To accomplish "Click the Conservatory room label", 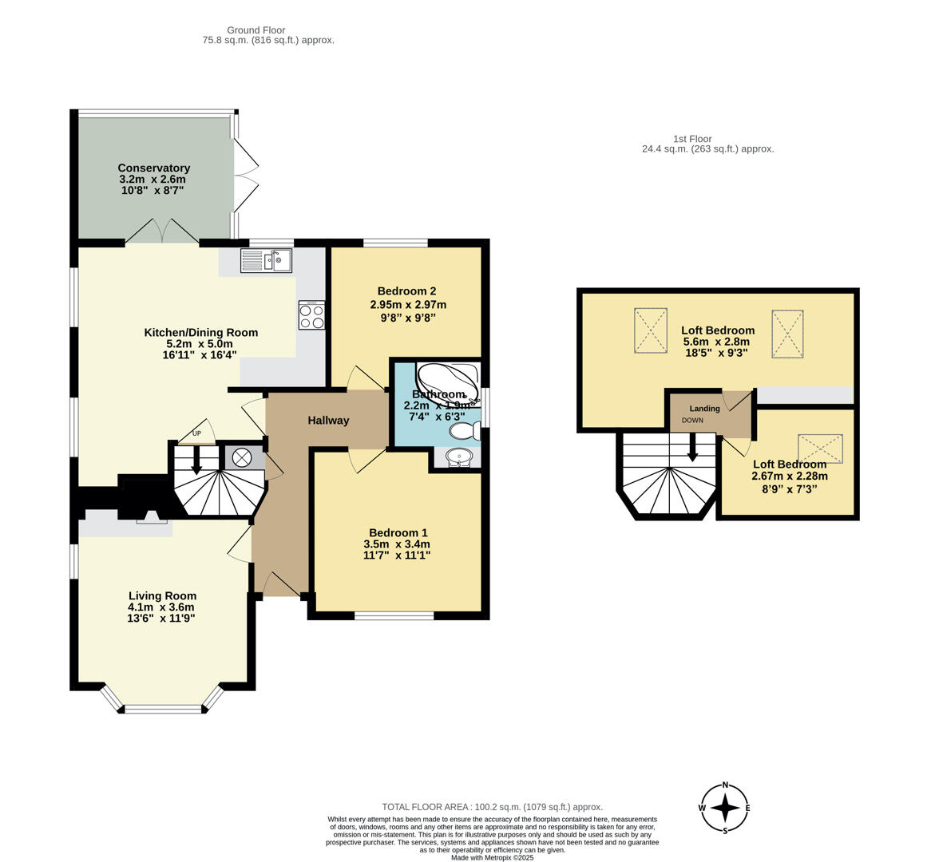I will click(153, 168).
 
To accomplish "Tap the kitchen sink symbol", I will click(267, 260).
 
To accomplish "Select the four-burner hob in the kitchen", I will click(311, 315).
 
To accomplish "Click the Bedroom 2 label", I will click(407, 291).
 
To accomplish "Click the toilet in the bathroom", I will click(464, 431).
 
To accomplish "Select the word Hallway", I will click(328, 421).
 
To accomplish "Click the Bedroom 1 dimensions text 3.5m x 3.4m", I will click(396, 544).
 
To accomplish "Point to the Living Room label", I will click(162, 595).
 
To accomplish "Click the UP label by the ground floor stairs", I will click(196, 434).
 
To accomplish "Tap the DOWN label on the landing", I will click(692, 420).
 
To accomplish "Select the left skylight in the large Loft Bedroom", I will click(650, 330).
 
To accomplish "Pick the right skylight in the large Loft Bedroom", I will click(786, 334).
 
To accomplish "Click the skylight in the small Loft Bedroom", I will click(820, 449).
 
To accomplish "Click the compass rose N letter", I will click(725, 785).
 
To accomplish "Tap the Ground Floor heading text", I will click(256, 30).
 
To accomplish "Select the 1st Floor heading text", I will click(691, 139).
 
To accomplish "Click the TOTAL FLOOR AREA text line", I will click(492, 807).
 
